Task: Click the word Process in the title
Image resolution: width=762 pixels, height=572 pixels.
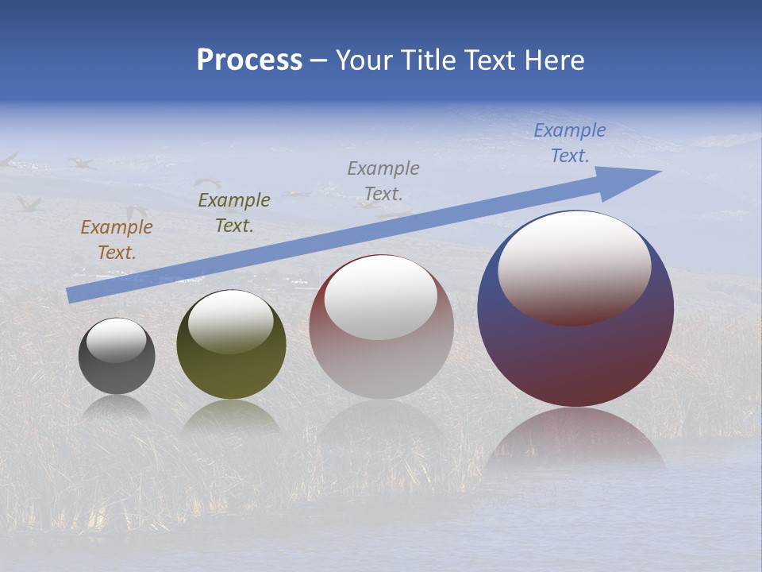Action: click(249, 60)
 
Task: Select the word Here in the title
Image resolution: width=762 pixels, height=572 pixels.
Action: click(555, 60)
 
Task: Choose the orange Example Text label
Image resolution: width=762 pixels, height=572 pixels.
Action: click(117, 240)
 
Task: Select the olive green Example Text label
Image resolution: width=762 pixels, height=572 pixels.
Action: click(234, 212)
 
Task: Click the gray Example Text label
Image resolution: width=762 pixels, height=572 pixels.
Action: click(383, 180)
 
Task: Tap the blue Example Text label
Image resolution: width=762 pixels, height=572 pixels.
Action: click(569, 143)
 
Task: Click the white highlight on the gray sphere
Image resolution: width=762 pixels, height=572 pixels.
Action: click(116, 340)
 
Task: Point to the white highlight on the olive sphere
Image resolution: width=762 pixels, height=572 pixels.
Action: click(230, 320)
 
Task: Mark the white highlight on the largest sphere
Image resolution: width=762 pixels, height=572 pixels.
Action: click(574, 266)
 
